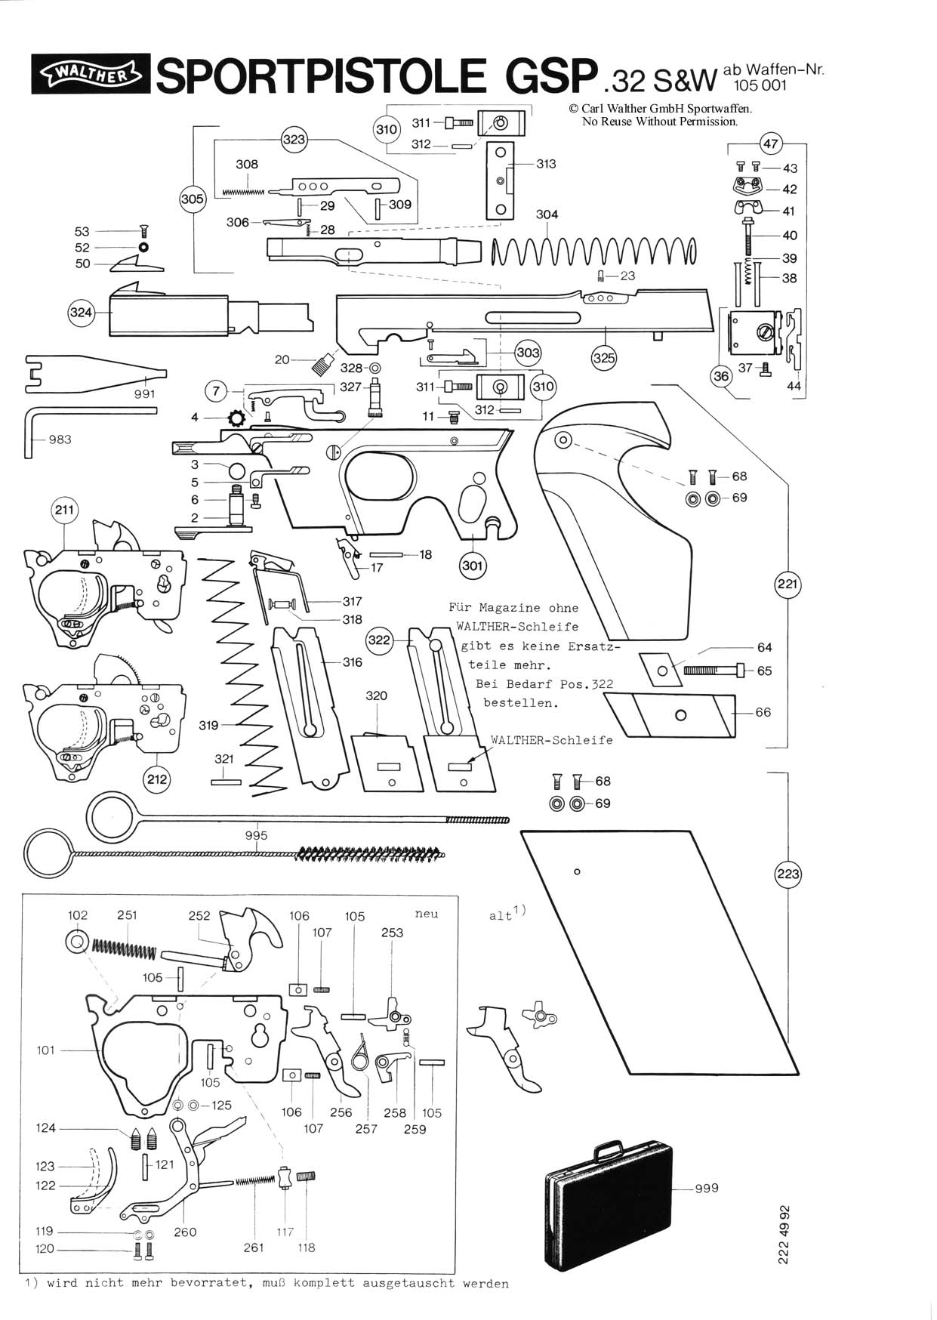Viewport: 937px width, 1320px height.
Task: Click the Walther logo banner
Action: click(x=90, y=74)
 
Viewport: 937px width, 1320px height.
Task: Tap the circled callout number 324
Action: click(x=81, y=313)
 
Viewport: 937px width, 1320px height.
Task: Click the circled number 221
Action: click(x=788, y=584)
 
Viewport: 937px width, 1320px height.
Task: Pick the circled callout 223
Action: click(x=788, y=874)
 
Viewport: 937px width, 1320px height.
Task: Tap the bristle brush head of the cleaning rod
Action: click(x=370, y=853)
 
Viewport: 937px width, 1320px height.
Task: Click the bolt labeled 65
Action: click(x=714, y=670)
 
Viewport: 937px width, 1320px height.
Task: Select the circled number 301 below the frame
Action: click(x=473, y=566)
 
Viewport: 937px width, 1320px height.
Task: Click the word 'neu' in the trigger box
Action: click(x=427, y=914)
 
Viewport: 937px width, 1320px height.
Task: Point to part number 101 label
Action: click(x=46, y=1050)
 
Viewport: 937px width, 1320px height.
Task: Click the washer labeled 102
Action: click(x=77, y=940)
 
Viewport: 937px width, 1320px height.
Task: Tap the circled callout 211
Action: click(x=65, y=510)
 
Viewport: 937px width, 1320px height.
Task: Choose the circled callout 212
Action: click(x=157, y=779)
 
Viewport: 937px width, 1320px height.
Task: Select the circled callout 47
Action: click(x=770, y=143)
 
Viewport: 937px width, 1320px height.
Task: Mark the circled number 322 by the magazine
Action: click(x=379, y=640)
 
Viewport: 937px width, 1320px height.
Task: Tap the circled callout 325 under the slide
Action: click(x=604, y=358)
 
